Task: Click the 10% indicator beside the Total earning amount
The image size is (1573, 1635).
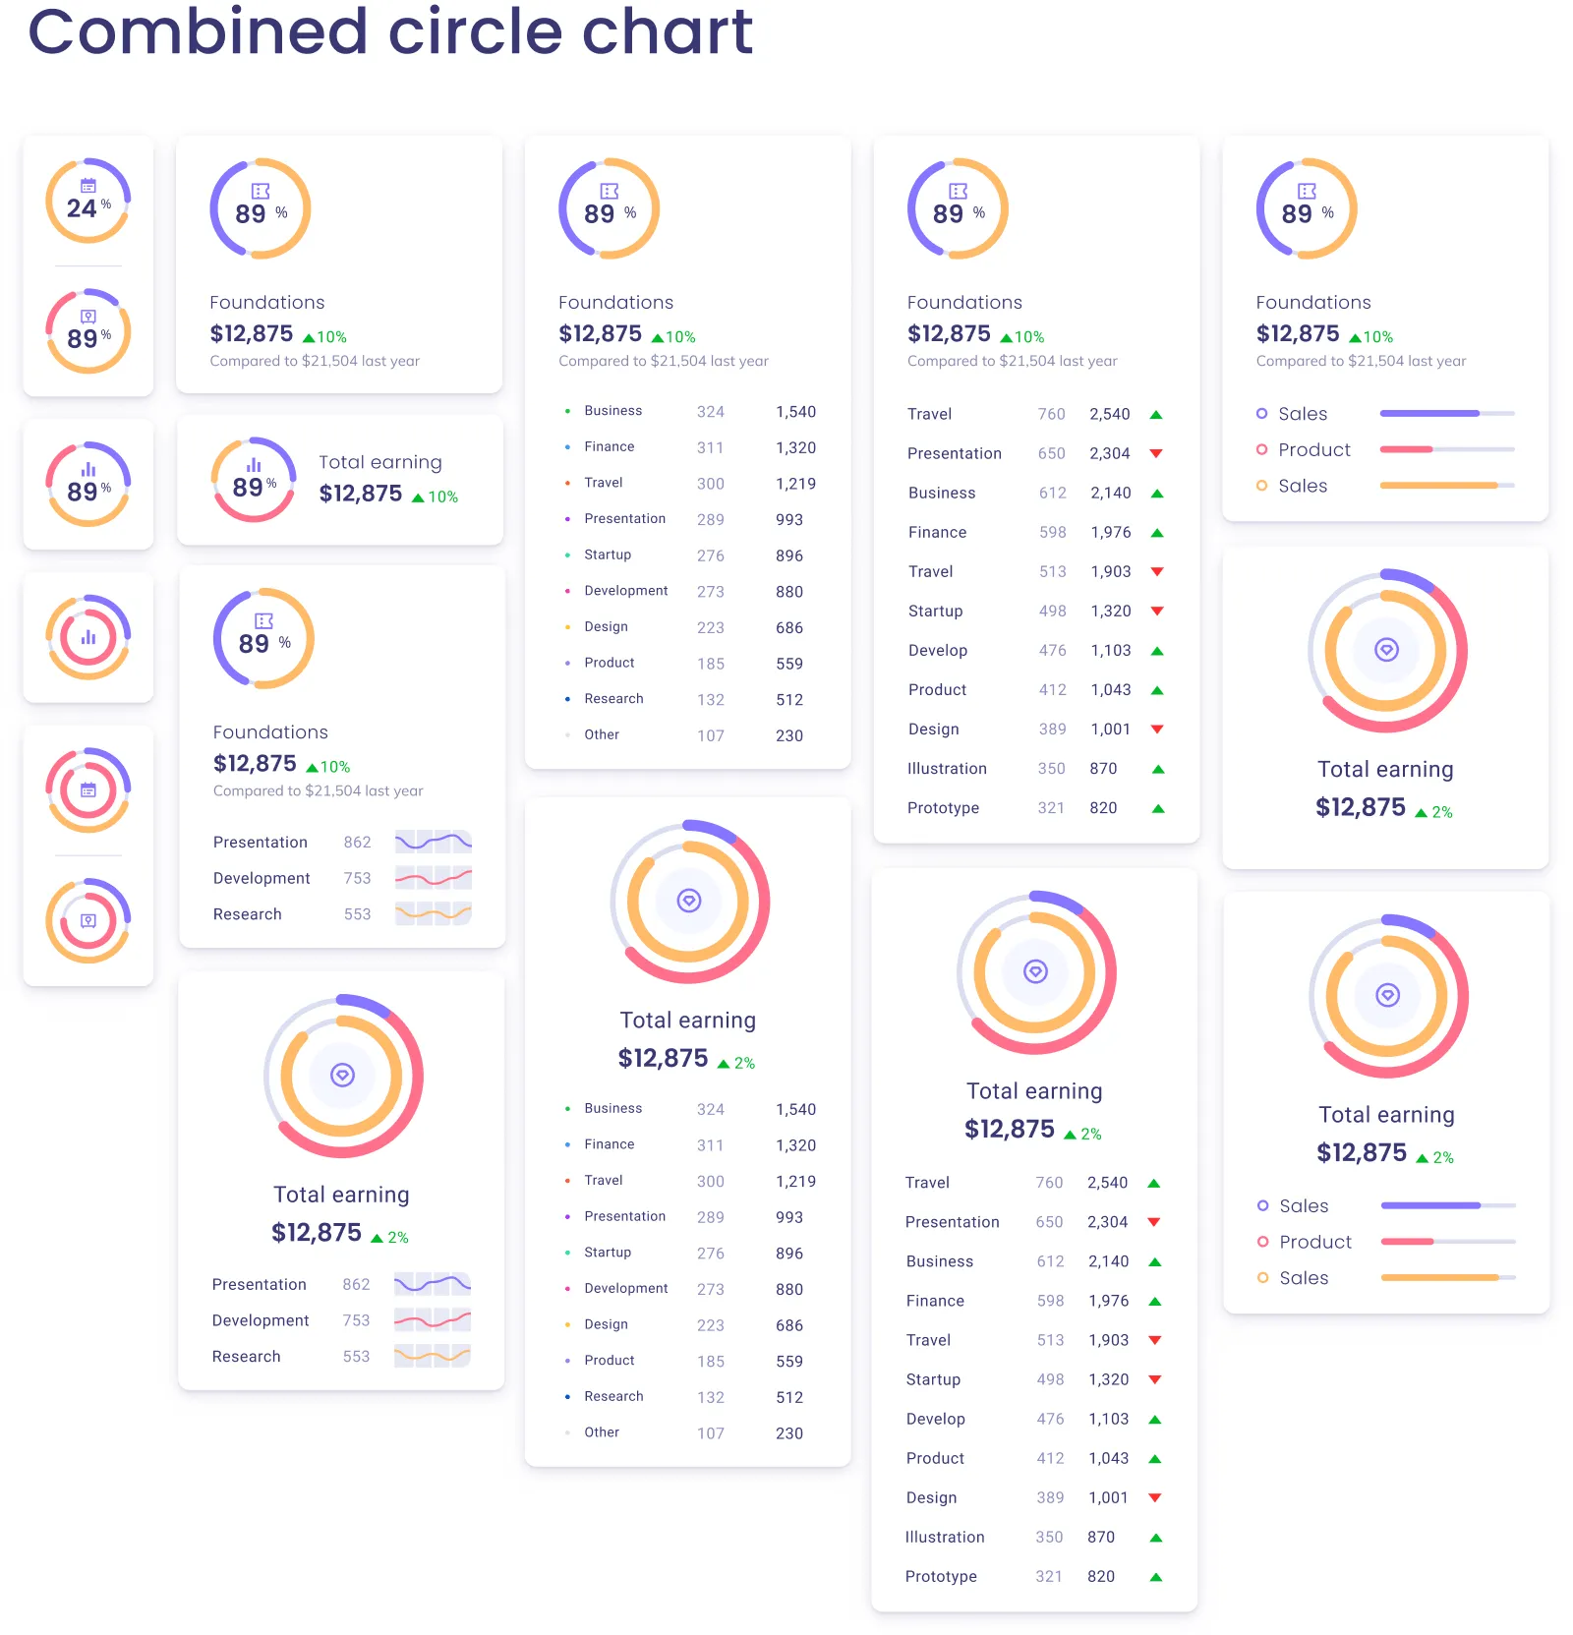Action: [x=436, y=496]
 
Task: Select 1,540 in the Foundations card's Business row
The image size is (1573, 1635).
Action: [x=794, y=412]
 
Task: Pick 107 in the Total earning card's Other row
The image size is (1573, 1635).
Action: [x=710, y=1433]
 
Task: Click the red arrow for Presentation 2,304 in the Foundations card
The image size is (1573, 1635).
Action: [x=1156, y=453]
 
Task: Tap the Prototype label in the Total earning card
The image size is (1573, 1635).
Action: [x=940, y=1576]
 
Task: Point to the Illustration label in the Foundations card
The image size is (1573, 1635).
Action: [x=946, y=769]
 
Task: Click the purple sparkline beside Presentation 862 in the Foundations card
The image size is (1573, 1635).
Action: [x=433, y=842]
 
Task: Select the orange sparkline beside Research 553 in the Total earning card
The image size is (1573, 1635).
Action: [x=432, y=1356]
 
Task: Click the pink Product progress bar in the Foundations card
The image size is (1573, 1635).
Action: [x=1406, y=449]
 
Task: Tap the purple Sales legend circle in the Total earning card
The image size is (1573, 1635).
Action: [x=1262, y=1205]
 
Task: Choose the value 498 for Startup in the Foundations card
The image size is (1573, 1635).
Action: [x=1052, y=611]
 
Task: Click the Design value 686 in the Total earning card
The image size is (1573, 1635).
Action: [x=788, y=1325]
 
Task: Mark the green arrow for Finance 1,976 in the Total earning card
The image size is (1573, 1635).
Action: [x=1155, y=1302]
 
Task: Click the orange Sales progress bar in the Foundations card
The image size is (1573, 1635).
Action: [x=1437, y=486]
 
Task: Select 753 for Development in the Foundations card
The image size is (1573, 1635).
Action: [x=357, y=878]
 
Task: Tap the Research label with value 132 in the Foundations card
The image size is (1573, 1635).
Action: [x=613, y=699]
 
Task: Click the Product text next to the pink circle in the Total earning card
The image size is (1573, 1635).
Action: [x=1314, y=1242]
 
